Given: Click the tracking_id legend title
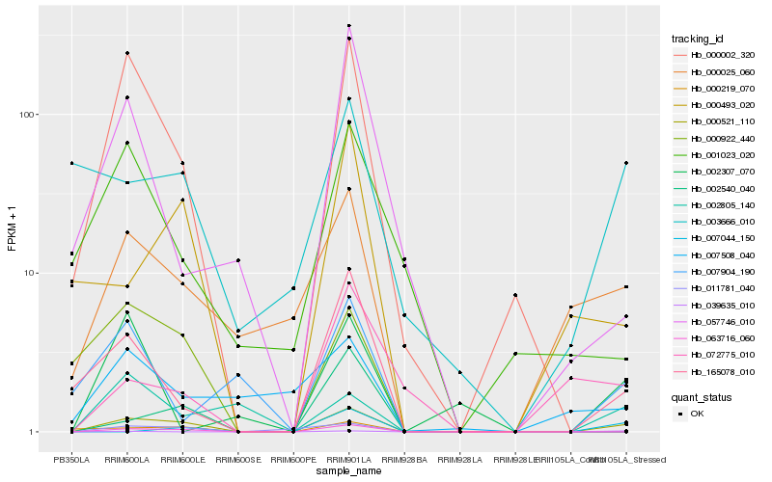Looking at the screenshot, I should [x=699, y=38].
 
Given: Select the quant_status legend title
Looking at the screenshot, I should [x=702, y=396].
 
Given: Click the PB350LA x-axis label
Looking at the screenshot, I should [x=71, y=461].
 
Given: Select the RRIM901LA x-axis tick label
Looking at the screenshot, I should [x=348, y=461].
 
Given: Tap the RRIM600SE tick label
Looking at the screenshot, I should [x=237, y=461].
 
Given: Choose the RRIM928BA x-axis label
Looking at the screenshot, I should [x=404, y=461].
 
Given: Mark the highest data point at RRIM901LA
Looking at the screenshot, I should [x=348, y=26].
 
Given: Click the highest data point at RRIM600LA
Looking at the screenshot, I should [x=127, y=53].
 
